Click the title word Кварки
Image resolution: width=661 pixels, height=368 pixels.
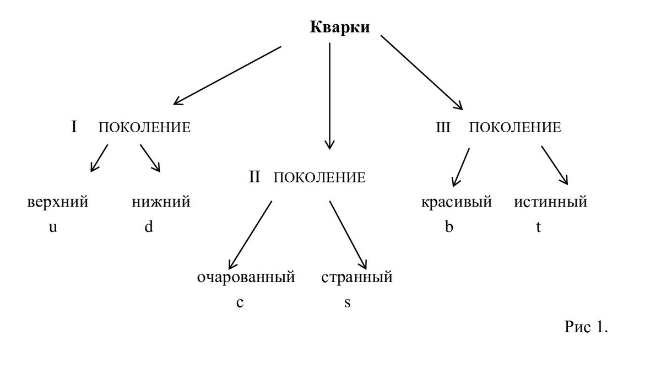340,28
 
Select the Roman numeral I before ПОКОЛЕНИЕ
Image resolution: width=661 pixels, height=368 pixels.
74,127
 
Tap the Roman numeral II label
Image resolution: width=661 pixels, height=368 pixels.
254,177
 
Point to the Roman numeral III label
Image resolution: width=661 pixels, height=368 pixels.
443,128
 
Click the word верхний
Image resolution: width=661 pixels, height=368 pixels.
58,202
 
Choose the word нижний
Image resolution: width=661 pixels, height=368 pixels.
161,202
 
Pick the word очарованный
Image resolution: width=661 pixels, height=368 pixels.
246,277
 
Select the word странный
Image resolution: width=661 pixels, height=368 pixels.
357,277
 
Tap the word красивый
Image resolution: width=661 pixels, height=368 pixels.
457,202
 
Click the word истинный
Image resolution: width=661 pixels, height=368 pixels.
551,202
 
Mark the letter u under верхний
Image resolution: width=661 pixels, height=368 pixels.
53,227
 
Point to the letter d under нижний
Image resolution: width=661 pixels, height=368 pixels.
148,227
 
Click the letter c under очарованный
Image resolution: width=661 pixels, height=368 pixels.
240,302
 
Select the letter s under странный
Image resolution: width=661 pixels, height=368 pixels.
347,302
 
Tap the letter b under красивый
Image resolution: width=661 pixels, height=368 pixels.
449,227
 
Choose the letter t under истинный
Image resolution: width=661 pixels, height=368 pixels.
539,227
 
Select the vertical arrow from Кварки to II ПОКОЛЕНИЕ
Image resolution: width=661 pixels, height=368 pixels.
329,96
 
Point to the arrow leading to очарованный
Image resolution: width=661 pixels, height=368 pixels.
251,234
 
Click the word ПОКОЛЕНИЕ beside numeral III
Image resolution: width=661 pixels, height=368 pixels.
515,128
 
